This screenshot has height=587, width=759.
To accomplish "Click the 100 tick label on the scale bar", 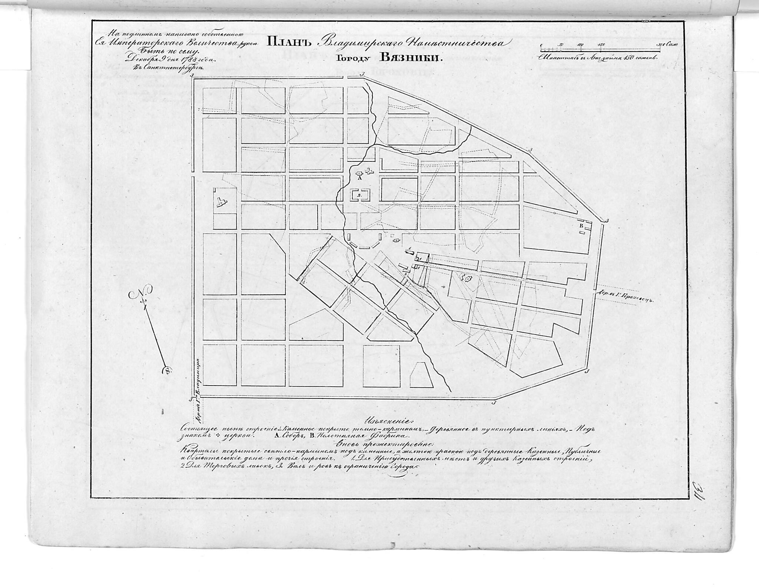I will pos(580,45).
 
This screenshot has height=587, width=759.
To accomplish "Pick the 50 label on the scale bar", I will pos(561,45).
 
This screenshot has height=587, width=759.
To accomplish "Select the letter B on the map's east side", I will pos(581,226).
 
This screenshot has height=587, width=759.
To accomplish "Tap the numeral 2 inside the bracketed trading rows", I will pos(359,194).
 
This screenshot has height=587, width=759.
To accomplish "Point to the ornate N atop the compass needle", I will pos(139,296).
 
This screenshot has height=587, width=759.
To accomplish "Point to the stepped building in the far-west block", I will pos(222,202).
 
